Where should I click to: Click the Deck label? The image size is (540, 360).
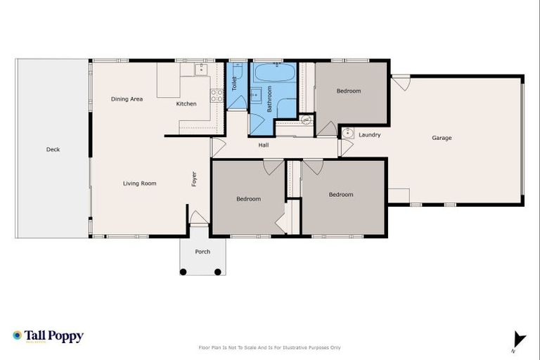[x=53, y=149]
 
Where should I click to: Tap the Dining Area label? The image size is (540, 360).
[x=127, y=99]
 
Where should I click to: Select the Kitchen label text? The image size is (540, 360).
[x=186, y=104]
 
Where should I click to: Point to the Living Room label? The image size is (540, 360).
[x=139, y=184]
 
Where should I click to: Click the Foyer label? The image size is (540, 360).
[x=195, y=179]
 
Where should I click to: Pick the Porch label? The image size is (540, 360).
[x=202, y=252]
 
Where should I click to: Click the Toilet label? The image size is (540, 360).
[x=235, y=84]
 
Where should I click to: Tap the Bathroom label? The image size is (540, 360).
[x=269, y=100]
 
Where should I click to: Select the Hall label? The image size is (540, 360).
[x=264, y=145]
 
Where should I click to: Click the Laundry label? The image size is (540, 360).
[x=369, y=134]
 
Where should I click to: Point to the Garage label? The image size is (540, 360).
[x=442, y=138]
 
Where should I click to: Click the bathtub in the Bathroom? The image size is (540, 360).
[x=275, y=72]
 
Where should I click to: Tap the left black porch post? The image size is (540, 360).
[x=184, y=271]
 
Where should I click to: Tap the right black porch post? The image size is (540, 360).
[x=218, y=271]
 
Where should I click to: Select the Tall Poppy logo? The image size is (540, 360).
[x=48, y=336]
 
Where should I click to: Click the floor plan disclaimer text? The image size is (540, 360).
[x=270, y=347]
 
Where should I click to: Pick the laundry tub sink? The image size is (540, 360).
[x=347, y=132]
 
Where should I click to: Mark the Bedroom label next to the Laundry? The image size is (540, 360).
[x=348, y=91]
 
